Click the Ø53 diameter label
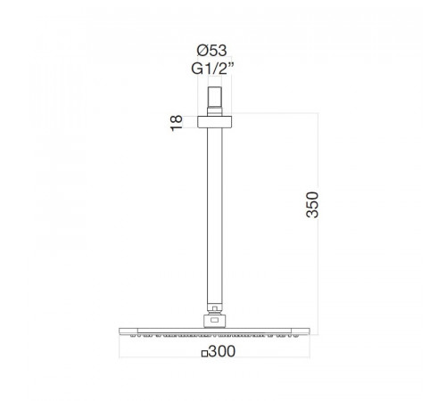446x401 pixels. click(211, 51)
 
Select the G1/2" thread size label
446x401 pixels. click(212, 69)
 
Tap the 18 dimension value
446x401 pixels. click(176, 123)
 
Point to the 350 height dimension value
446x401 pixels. click(312, 205)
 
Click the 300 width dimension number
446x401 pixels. click(222, 351)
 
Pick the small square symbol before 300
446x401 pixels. click(204, 354)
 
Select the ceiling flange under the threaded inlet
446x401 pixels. click(214, 122)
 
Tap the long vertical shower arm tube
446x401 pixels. click(214, 216)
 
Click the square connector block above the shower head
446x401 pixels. click(214, 321)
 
